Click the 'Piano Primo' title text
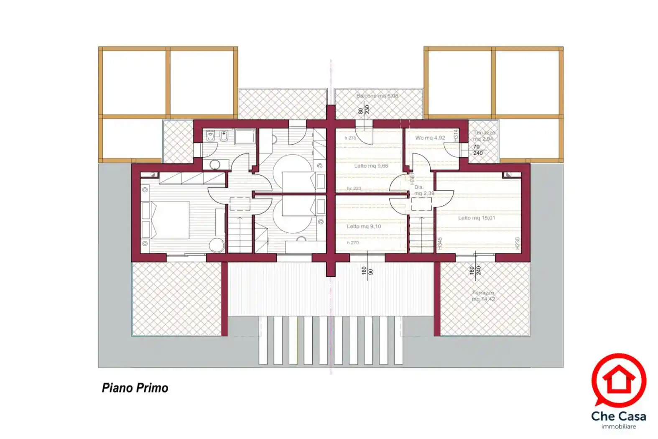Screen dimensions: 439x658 135,388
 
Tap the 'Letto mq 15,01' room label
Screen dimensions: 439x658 476,218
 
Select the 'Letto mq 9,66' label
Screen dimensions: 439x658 371,166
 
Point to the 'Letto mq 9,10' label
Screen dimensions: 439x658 364,227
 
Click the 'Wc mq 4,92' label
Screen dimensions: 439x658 430,138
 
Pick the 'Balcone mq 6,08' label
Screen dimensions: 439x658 377,96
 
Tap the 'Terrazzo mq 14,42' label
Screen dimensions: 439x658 483,296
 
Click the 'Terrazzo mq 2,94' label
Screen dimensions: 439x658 484,136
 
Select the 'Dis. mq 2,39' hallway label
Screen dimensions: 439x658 423,190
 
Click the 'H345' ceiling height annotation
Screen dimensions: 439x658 440,244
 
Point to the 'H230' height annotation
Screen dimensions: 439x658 517,244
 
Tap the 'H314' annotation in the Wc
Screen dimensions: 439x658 456,135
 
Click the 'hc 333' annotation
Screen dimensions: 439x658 354,189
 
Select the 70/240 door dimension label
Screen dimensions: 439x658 477,150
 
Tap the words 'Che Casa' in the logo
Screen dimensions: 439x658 618,416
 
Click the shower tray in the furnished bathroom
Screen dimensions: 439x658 245,137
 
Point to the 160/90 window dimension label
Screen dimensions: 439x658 367,271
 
